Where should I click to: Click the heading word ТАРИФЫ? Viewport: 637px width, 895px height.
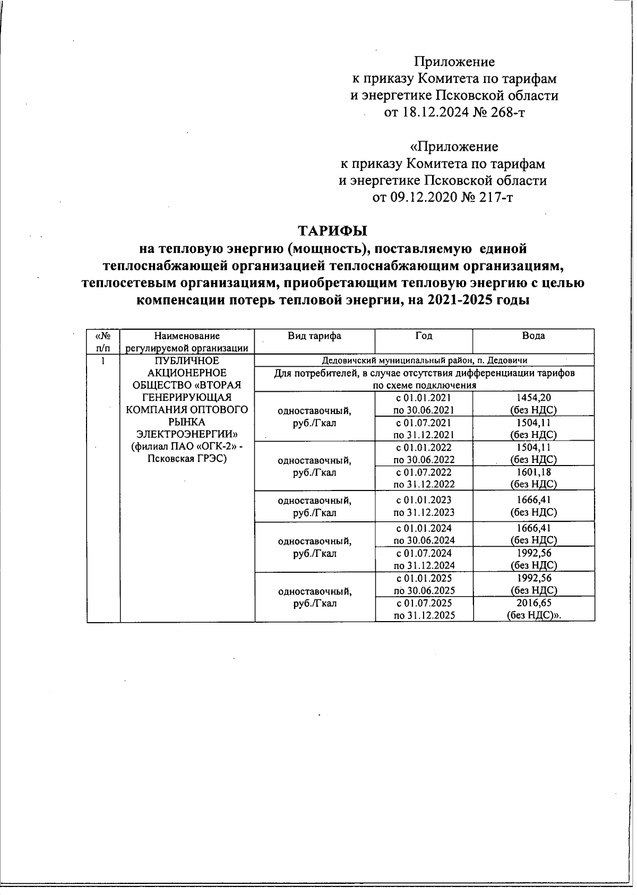(x=332, y=231)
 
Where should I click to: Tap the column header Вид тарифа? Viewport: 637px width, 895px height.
(x=314, y=336)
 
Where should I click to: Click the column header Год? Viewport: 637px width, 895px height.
(x=424, y=336)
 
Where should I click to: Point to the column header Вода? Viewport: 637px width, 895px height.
(x=533, y=336)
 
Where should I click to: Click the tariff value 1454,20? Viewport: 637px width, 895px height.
(x=533, y=398)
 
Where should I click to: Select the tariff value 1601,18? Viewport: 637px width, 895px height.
(x=533, y=472)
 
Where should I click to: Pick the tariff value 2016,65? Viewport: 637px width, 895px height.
(x=533, y=603)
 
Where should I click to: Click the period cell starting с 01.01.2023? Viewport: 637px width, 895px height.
(x=424, y=505)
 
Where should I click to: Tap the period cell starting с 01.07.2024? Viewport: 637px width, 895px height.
(x=424, y=559)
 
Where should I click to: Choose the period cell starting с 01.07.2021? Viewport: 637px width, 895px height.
(x=424, y=428)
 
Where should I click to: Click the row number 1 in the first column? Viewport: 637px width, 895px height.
(x=104, y=361)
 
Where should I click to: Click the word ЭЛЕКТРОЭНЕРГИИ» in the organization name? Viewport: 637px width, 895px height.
(x=187, y=434)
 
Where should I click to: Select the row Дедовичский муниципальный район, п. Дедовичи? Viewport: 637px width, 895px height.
(x=424, y=360)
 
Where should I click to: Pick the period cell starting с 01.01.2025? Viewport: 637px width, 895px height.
(x=424, y=584)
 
